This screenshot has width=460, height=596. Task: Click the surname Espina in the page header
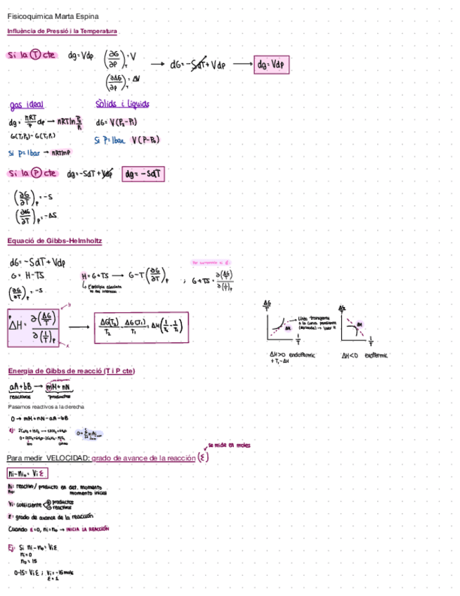(86, 15)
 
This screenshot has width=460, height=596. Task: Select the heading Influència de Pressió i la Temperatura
(63, 31)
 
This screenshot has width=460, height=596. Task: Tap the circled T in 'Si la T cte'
(36, 56)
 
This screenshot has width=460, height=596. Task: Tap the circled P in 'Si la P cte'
(36, 173)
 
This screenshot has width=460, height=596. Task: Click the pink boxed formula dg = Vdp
(272, 65)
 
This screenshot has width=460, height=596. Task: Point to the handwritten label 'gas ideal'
(27, 105)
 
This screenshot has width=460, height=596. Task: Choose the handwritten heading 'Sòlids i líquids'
(122, 104)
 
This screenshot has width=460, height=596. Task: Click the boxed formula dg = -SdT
(143, 173)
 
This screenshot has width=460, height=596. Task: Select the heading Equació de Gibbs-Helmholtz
(55, 240)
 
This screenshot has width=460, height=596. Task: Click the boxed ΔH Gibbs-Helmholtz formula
(34, 328)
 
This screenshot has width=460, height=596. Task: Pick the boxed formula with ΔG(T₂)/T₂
(140, 328)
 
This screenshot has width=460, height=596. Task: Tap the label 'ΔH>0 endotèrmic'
(293, 356)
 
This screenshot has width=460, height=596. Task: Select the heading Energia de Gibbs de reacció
(71, 370)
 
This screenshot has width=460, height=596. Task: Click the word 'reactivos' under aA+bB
(20, 396)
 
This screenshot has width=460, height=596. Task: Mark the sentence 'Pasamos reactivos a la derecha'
(46, 407)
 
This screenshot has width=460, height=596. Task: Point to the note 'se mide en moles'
(229, 446)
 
